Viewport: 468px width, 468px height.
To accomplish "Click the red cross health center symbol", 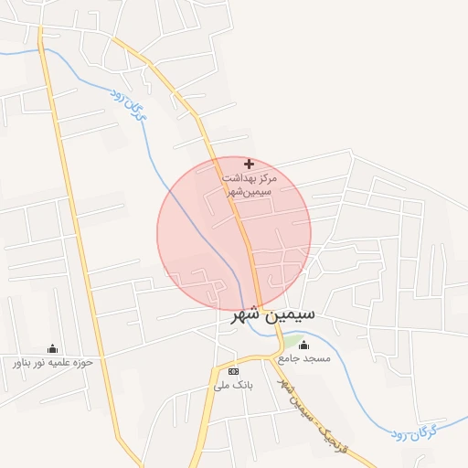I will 249,164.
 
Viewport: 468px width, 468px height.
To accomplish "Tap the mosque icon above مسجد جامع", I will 304,346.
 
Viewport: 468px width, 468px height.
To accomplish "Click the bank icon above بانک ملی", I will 233,371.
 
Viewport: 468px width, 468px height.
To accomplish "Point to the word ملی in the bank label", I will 222,386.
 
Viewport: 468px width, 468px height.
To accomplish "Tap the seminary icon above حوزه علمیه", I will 51,348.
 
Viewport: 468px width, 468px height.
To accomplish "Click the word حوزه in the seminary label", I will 84,363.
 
